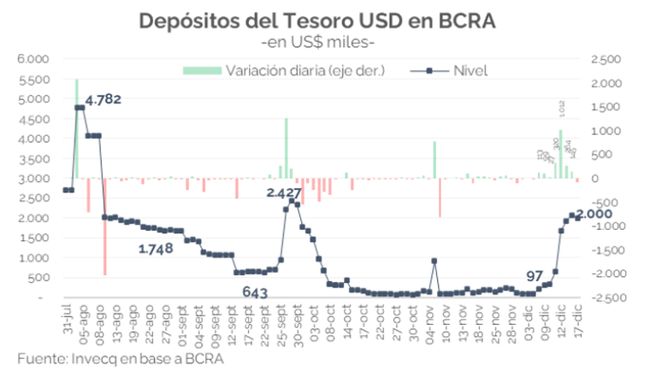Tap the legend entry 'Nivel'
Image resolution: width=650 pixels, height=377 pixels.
coord(470,69)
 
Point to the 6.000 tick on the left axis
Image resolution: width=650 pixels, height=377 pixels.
coord(35,59)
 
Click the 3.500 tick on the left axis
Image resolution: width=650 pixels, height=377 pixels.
coord(35,158)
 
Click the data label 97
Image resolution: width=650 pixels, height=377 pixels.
coord(535,275)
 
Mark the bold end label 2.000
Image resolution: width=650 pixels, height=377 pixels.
coord(594,214)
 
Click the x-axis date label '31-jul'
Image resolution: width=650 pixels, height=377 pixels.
coord(67,319)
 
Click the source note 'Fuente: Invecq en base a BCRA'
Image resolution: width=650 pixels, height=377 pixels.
coord(119,359)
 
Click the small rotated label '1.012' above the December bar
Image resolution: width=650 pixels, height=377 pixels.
coord(561,109)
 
